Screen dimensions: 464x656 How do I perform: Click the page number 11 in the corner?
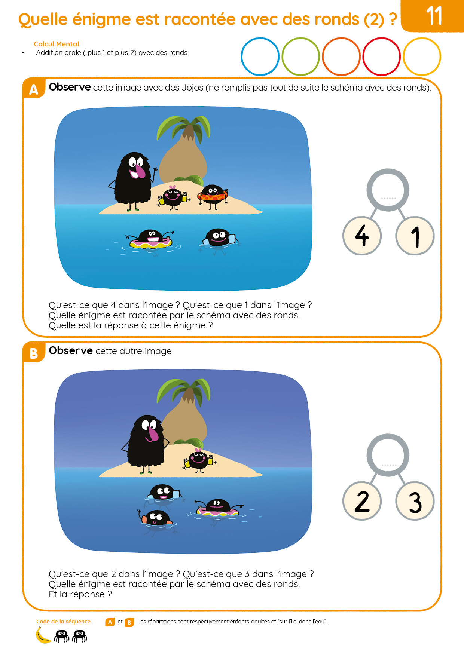coord(434,16)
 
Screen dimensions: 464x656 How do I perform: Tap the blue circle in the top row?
coord(260,39)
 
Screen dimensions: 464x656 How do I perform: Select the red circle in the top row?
coord(381,39)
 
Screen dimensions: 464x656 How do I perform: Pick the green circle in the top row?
coord(300,39)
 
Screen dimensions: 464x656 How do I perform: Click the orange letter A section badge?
coord(34,89)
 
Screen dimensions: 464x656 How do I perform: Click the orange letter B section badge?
coord(34,353)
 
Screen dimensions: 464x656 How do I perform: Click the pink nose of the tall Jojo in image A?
coord(139,171)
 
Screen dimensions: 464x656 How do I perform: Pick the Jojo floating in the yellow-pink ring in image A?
coord(150,240)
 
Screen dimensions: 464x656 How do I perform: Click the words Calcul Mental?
coord(57,44)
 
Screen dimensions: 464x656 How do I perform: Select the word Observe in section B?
coord(71,350)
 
